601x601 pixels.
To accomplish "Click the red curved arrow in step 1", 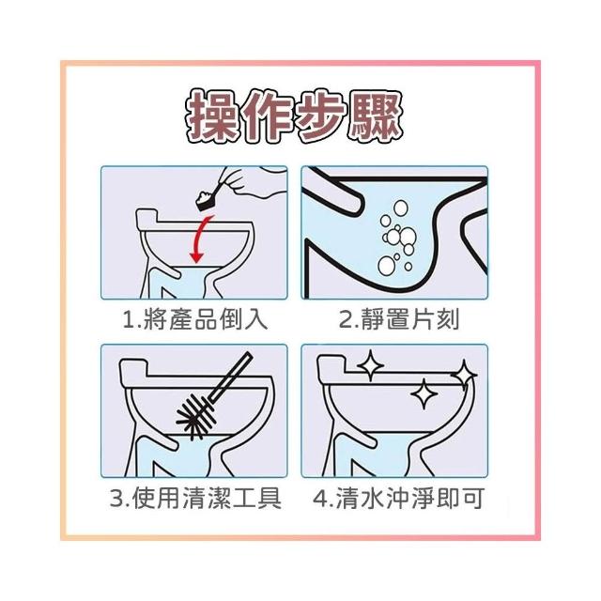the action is click(200, 239).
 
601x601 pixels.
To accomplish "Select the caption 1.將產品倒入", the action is click(194, 319).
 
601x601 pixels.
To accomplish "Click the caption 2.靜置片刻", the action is click(399, 319).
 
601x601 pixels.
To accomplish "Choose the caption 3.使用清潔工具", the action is click(195, 499).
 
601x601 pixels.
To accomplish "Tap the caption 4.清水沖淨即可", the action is click(397, 499).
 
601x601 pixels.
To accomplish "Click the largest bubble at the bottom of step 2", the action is click(386, 266).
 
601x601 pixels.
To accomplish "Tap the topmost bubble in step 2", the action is click(401, 208).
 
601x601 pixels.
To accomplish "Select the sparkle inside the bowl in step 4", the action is click(424, 393).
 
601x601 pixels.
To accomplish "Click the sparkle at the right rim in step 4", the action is click(464, 375).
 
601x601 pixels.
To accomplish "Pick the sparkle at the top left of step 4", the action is click(370, 365).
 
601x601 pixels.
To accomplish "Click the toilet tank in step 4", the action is click(332, 365).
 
